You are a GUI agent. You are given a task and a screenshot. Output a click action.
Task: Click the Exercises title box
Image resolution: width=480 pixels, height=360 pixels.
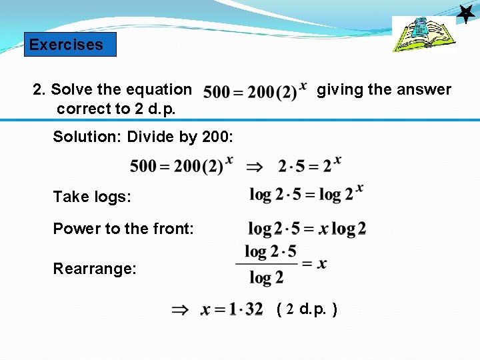point(70,45)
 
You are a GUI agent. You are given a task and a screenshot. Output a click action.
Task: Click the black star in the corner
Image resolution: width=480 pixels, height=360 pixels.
point(465,13)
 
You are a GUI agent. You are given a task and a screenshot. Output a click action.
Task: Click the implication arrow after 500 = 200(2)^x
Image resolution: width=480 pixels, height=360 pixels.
point(255,165)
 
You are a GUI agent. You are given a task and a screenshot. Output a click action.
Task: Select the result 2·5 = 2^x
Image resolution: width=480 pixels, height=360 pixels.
point(309,164)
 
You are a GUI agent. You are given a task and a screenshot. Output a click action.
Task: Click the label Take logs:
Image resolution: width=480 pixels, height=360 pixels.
point(92,197)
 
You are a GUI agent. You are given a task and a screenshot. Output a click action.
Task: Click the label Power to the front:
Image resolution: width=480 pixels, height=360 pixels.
point(123,229)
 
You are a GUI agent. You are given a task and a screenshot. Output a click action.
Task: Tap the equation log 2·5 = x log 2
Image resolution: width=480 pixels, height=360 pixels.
point(307,229)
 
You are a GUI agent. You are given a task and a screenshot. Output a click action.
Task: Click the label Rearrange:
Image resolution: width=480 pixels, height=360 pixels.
point(95,269)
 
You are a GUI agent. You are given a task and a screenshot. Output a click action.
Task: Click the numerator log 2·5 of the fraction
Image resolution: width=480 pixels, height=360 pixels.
point(270,251)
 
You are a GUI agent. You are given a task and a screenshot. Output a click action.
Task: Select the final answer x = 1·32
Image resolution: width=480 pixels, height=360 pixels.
point(232,309)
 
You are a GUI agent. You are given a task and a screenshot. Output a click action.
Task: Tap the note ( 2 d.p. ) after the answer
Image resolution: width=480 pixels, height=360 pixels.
point(306,309)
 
